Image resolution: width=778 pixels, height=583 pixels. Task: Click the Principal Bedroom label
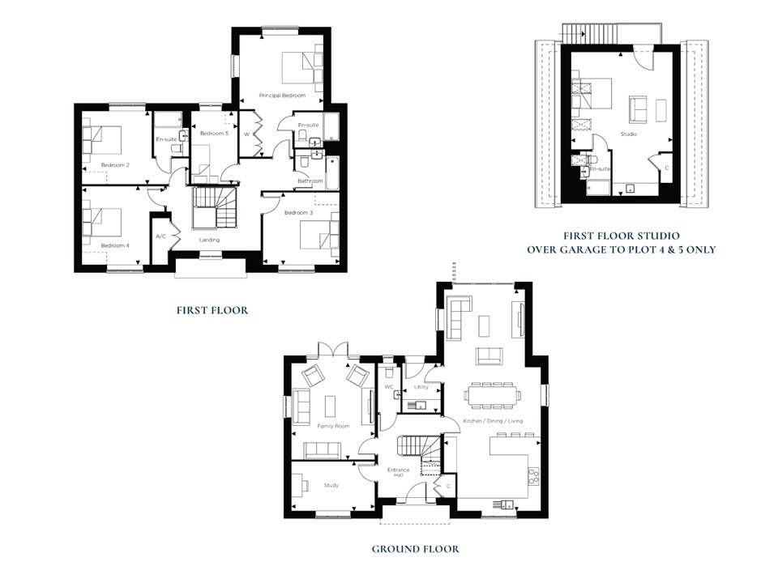[282, 96]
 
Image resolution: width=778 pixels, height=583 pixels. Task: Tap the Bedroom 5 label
[214, 134]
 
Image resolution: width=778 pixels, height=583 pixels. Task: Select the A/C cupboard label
[160, 236]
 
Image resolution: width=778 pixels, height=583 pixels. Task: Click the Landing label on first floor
[209, 240]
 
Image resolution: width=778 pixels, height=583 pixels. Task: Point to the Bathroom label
[310, 181]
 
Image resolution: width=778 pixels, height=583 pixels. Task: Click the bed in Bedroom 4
[102, 222]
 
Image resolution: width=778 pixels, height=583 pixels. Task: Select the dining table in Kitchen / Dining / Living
[493, 395]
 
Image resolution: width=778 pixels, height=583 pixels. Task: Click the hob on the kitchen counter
[533, 476]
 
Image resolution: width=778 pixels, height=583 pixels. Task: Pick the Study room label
[331, 485]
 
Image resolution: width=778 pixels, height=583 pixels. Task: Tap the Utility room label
[421, 387]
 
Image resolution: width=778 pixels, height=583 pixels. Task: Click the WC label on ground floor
[389, 387]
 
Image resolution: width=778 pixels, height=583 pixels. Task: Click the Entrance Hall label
[399, 472]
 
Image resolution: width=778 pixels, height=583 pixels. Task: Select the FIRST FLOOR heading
[212, 310]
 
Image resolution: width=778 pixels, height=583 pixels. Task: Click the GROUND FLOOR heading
[415, 549]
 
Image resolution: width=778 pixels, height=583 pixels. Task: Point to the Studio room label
[629, 134]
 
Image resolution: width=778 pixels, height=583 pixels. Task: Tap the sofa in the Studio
[638, 109]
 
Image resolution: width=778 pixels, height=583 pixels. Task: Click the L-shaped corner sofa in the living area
[459, 317]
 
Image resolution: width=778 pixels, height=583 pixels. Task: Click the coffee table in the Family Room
[331, 406]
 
